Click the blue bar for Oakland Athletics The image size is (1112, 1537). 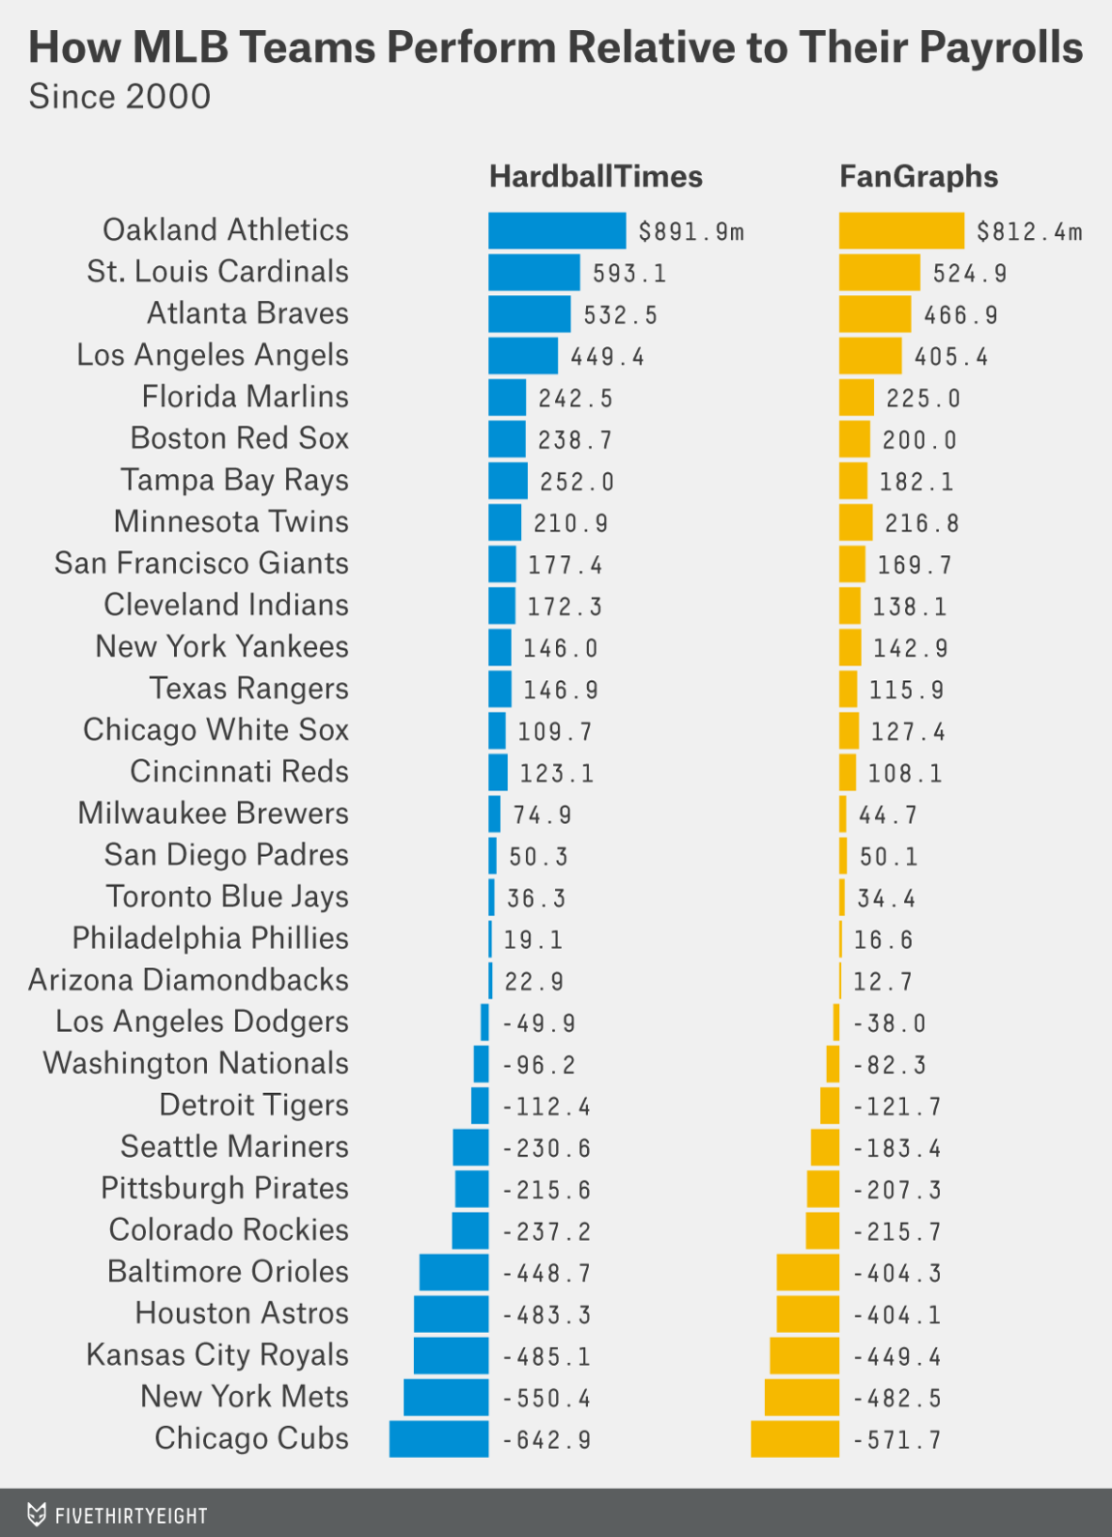coord(557,230)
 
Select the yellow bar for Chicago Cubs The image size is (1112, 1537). coord(795,1439)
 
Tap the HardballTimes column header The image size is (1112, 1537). coord(596,177)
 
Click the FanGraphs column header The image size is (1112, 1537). coord(918,177)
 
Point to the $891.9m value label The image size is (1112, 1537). coord(691,232)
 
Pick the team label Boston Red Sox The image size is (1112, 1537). coord(239,438)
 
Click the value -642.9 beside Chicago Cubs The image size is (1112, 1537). coord(547,1440)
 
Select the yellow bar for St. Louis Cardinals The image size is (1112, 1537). coord(879,273)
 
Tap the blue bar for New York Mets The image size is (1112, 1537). coord(446,1398)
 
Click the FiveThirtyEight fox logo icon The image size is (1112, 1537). coord(37,1514)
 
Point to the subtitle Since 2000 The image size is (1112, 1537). coord(119,97)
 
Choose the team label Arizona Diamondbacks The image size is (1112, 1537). coord(189,980)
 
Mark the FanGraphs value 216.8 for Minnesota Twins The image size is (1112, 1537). coord(922,523)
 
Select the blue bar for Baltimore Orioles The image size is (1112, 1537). coord(454,1273)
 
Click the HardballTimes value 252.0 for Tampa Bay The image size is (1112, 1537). coord(576,482)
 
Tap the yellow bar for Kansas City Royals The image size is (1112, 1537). coord(804,1356)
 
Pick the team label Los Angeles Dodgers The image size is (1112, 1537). coord(201,1021)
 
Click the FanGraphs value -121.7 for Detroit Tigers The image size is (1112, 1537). coord(896,1107)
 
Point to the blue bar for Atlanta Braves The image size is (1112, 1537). coord(529,314)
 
